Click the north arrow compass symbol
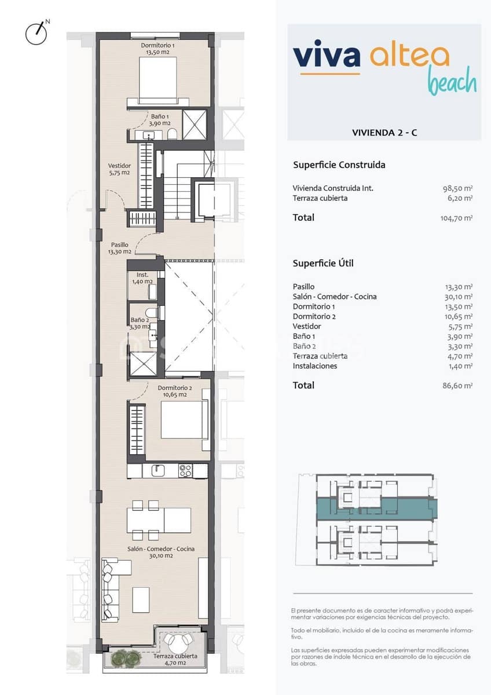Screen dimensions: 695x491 36,33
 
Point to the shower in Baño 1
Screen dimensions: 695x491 194,124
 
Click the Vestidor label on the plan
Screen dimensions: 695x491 119,169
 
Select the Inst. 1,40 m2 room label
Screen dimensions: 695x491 142,278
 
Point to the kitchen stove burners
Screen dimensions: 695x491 185,471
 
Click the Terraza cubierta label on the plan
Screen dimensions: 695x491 175,660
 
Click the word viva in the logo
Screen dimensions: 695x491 327,56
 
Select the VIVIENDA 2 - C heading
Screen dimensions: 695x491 384,133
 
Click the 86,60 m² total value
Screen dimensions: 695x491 457,386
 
